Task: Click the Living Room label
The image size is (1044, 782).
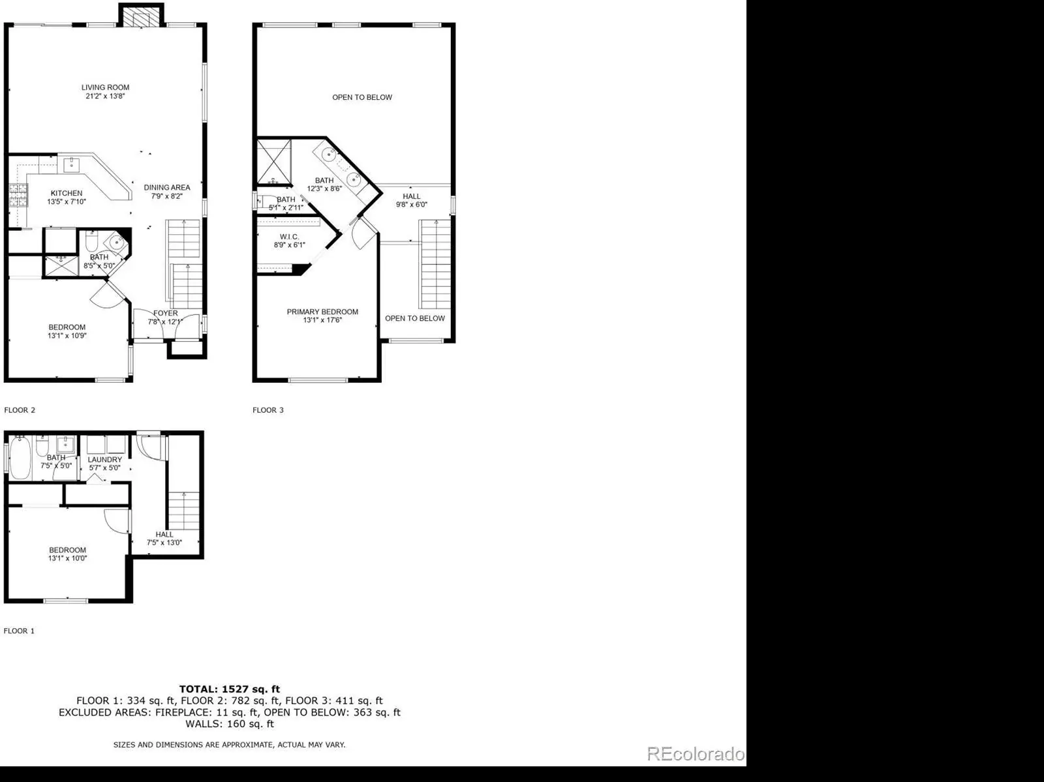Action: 105,87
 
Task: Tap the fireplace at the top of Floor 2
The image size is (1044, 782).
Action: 141,16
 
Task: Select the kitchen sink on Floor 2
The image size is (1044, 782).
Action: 71,165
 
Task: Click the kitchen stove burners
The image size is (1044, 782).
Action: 18,195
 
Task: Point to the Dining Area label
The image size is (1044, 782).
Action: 167,188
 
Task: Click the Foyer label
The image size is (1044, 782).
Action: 166,313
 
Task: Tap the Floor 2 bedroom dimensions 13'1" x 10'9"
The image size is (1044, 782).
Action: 67,336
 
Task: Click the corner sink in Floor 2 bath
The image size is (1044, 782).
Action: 116,243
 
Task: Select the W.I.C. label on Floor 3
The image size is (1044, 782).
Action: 289,237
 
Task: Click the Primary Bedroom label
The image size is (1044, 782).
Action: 322,312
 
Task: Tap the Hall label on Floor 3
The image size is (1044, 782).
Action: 412,196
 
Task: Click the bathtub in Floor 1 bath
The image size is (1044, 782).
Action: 20,458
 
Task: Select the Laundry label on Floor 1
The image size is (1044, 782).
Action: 104,460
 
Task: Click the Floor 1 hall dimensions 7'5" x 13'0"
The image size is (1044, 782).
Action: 164,543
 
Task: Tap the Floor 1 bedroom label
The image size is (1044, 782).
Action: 68,550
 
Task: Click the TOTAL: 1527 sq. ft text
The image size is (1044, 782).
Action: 229,689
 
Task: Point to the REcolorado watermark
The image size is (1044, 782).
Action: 696,754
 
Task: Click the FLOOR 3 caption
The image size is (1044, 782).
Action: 268,410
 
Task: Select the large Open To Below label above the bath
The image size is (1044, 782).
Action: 362,97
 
